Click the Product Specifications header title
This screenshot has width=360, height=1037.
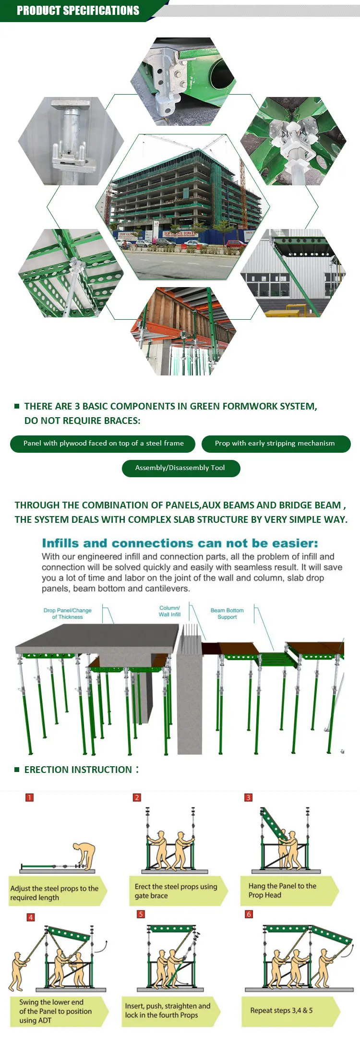pos(78,11)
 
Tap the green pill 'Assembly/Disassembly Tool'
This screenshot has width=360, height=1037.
pos(180,468)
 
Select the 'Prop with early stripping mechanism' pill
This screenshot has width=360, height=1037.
pos(276,443)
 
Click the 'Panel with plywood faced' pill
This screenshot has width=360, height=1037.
pos(103,443)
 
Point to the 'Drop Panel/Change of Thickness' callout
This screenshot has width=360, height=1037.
pos(67,614)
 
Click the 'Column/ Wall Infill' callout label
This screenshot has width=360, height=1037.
pos(170,611)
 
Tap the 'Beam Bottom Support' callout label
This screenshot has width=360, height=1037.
pos(227,614)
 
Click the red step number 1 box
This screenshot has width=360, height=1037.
pos(30,797)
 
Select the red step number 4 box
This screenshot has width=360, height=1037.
pos(31,917)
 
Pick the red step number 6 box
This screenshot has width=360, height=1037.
pos(249,914)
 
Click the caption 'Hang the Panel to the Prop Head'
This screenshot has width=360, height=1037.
pos(282,890)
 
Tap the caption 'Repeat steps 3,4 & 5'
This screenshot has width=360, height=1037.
pos(282,1010)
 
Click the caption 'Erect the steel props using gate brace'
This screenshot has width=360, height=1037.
pos(176,891)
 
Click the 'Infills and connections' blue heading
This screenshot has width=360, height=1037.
pos(180,543)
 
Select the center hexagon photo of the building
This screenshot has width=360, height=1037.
pos(182,206)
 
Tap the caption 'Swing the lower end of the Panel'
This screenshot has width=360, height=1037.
pos(56,1011)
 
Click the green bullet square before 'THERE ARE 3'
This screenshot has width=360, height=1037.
pos(17,406)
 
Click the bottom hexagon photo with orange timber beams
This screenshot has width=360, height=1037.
pos(183,331)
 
